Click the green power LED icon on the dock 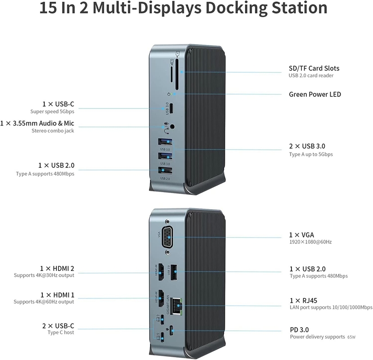[168, 94]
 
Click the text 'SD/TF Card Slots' [314, 68]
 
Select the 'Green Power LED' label [315, 94]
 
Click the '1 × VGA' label [301, 235]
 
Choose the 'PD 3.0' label [299, 329]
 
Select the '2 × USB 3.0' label [307, 146]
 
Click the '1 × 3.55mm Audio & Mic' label [37, 123]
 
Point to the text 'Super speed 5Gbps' [52, 112]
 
